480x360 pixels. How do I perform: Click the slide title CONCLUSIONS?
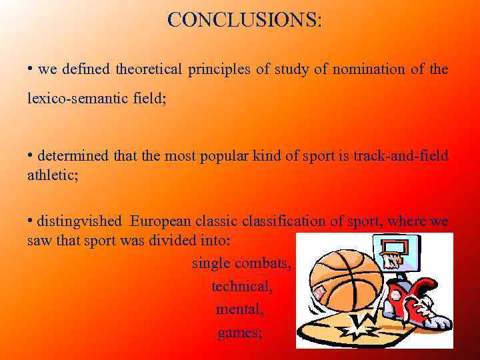coord(244,20)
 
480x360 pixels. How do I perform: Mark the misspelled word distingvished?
coord(79,221)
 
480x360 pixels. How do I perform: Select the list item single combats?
coord(241,263)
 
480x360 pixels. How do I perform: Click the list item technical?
coord(242,287)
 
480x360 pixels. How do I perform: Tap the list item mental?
coord(240,310)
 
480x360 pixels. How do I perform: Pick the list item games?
coord(239,333)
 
